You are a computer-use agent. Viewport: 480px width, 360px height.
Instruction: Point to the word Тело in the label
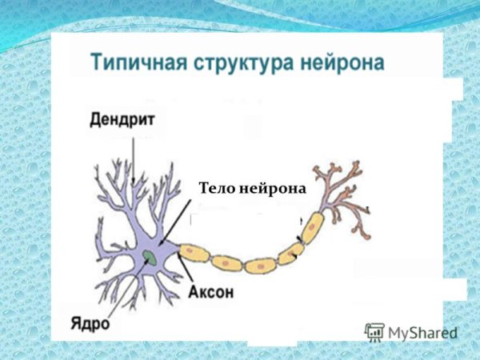point(214,189)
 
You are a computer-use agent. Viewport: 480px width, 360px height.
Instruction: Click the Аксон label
point(211,292)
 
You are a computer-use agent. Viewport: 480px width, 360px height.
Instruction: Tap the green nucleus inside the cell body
point(150,257)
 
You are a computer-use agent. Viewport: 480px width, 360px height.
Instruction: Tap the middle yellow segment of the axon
point(260,265)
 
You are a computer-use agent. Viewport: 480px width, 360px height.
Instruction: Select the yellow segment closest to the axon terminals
point(311,226)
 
